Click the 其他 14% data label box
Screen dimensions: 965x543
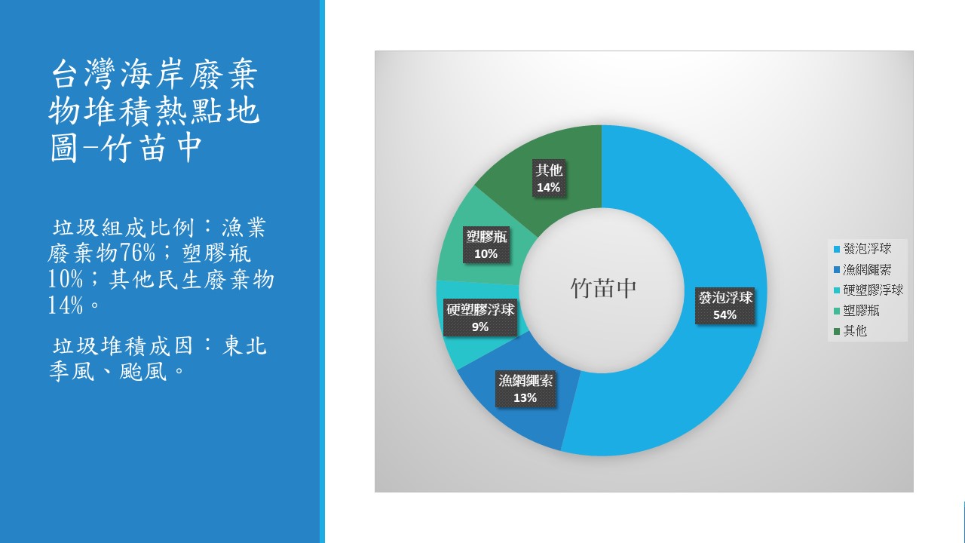click(548, 179)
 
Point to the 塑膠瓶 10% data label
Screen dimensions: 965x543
click(486, 244)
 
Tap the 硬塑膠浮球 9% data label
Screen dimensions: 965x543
click(480, 318)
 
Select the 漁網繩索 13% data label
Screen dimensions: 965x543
click(525, 388)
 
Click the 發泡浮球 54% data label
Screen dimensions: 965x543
click(725, 305)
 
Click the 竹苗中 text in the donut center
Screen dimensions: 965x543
click(603, 288)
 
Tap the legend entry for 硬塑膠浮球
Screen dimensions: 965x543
click(868, 290)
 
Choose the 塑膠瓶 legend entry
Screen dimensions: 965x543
click(856, 310)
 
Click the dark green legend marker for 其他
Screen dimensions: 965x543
click(837, 331)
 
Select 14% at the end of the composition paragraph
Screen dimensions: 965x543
click(66, 305)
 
